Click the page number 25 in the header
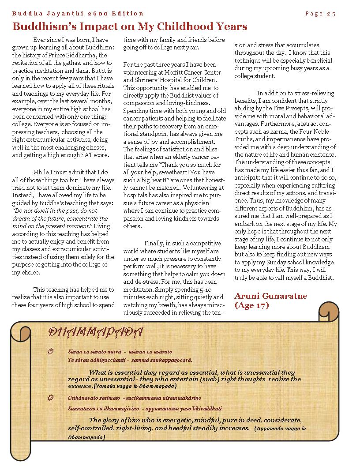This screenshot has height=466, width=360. [x=331, y=14]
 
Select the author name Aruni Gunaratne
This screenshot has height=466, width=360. [x=271, y=296]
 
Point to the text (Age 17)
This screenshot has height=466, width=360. [x=251, y=305]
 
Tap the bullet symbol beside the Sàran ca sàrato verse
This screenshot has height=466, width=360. [x=50, y=351]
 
